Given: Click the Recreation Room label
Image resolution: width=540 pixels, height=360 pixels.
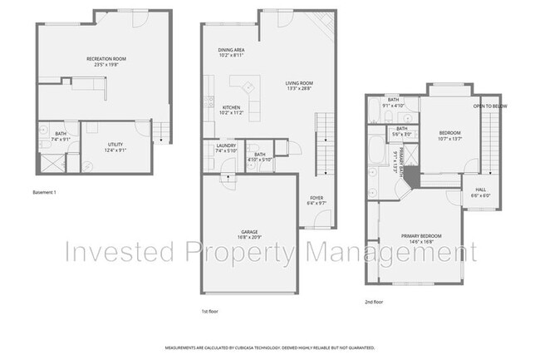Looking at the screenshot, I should point(106,58).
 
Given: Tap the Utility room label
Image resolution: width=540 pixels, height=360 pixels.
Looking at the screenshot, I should point(115,145).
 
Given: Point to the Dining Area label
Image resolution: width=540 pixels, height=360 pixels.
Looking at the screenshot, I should point(231,49).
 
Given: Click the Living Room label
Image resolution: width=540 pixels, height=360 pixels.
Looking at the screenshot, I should point(299,83).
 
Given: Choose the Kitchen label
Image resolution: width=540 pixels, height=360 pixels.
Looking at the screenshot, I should point(232,107).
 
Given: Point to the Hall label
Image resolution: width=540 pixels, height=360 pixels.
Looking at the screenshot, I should point(480,190).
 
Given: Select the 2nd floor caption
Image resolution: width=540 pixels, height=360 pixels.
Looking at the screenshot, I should point(374,302).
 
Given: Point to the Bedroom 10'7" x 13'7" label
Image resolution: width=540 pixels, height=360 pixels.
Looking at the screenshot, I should point(449,136).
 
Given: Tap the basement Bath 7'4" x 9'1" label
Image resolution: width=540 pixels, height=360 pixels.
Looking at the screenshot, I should point(61,136).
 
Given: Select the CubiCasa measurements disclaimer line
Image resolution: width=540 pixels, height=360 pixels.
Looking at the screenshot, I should point(269,348).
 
